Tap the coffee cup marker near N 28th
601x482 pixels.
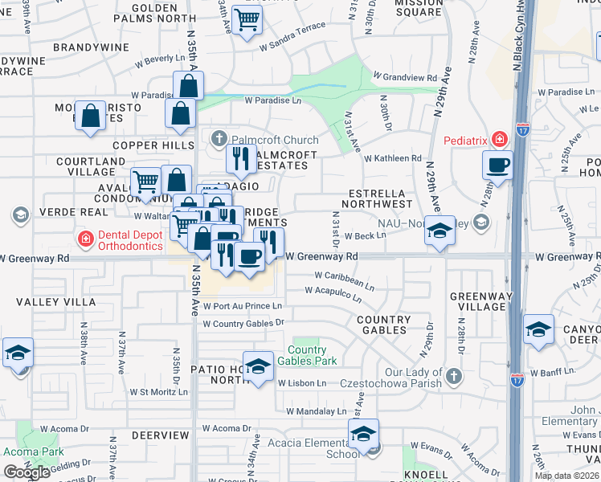[x=497, y=166]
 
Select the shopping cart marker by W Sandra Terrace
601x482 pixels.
[x=247, y=19]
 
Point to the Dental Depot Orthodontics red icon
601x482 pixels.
[x=84, y=239]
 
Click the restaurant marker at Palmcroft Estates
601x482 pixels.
[x=240, y=158]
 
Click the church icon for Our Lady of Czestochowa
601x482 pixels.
[x=454, y=375]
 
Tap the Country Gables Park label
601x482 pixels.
[x=307, y=355]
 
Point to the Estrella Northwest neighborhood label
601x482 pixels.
[x=381, y=199]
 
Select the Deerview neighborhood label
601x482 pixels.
[x=160, y=435]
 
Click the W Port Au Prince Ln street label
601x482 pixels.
[x=243, y=306]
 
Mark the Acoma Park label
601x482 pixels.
[x=33, y=451]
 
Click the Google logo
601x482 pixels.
[x=27, y=472]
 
